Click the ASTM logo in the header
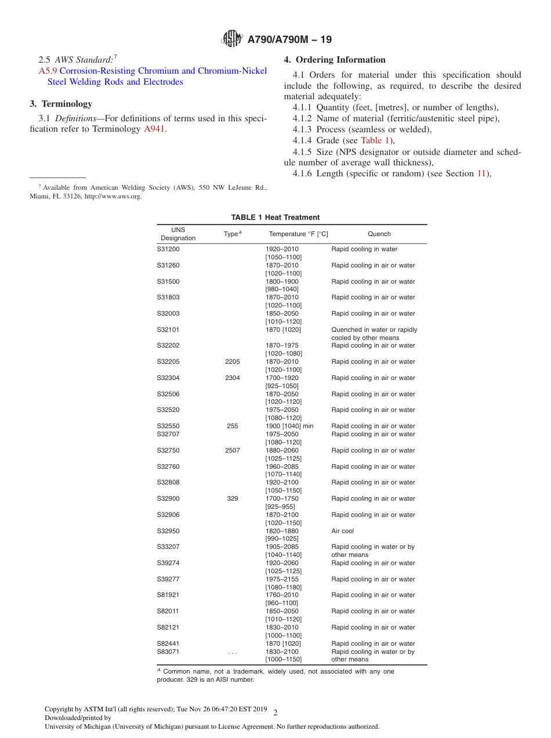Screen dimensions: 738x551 coord(233,39)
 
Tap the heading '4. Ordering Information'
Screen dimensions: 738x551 coord(335,60)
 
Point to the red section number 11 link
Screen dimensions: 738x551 coord(480,173)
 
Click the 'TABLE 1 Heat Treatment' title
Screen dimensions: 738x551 coord(275,218)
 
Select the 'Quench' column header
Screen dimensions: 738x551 coord(379,234)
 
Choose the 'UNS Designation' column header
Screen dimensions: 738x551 coord(178,234)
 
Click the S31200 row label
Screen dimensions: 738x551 coord(168,249)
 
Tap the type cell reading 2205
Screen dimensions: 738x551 coord(232,362)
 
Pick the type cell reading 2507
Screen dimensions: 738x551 coord(232,451)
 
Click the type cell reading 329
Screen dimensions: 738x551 coord(232,499)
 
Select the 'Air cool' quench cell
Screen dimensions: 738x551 coord(342,531)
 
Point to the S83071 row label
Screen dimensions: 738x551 coord(168,652)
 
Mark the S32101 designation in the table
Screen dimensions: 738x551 coord(168,330)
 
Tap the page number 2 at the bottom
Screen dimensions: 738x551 coord(275,713)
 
